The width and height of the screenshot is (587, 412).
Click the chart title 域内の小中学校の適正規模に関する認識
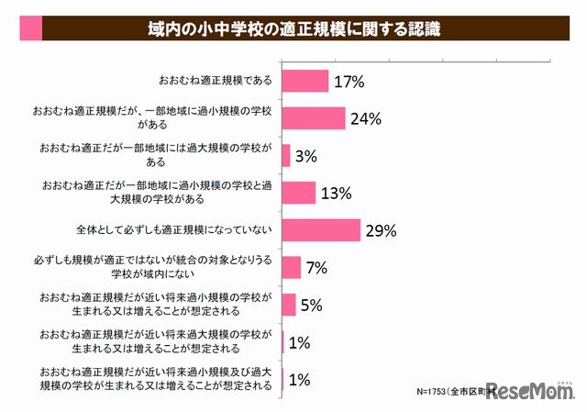293,29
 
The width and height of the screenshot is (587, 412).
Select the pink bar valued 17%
305,82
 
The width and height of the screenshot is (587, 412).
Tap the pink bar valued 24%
314,118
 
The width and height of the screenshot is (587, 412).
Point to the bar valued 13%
299,193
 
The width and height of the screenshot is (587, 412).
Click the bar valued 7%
292,267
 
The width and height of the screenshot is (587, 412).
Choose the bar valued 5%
289,305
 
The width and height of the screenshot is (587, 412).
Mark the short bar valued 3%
286,156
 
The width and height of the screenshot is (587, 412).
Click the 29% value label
382,230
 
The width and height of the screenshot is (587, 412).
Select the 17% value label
349,82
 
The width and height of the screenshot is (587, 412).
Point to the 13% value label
337,193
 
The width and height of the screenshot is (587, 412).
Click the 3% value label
306,156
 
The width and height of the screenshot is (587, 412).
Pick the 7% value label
317,267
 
